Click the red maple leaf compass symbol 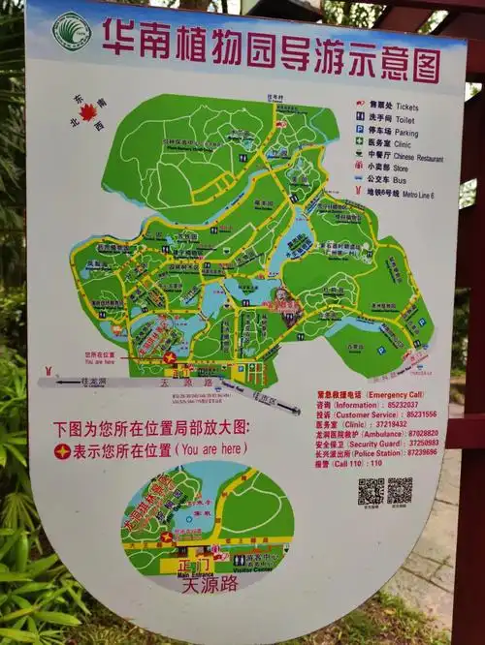(x=88, y=112)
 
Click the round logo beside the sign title (x=71, y=31)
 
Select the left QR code (x=371, y=490)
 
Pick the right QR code (x=400, y=490)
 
